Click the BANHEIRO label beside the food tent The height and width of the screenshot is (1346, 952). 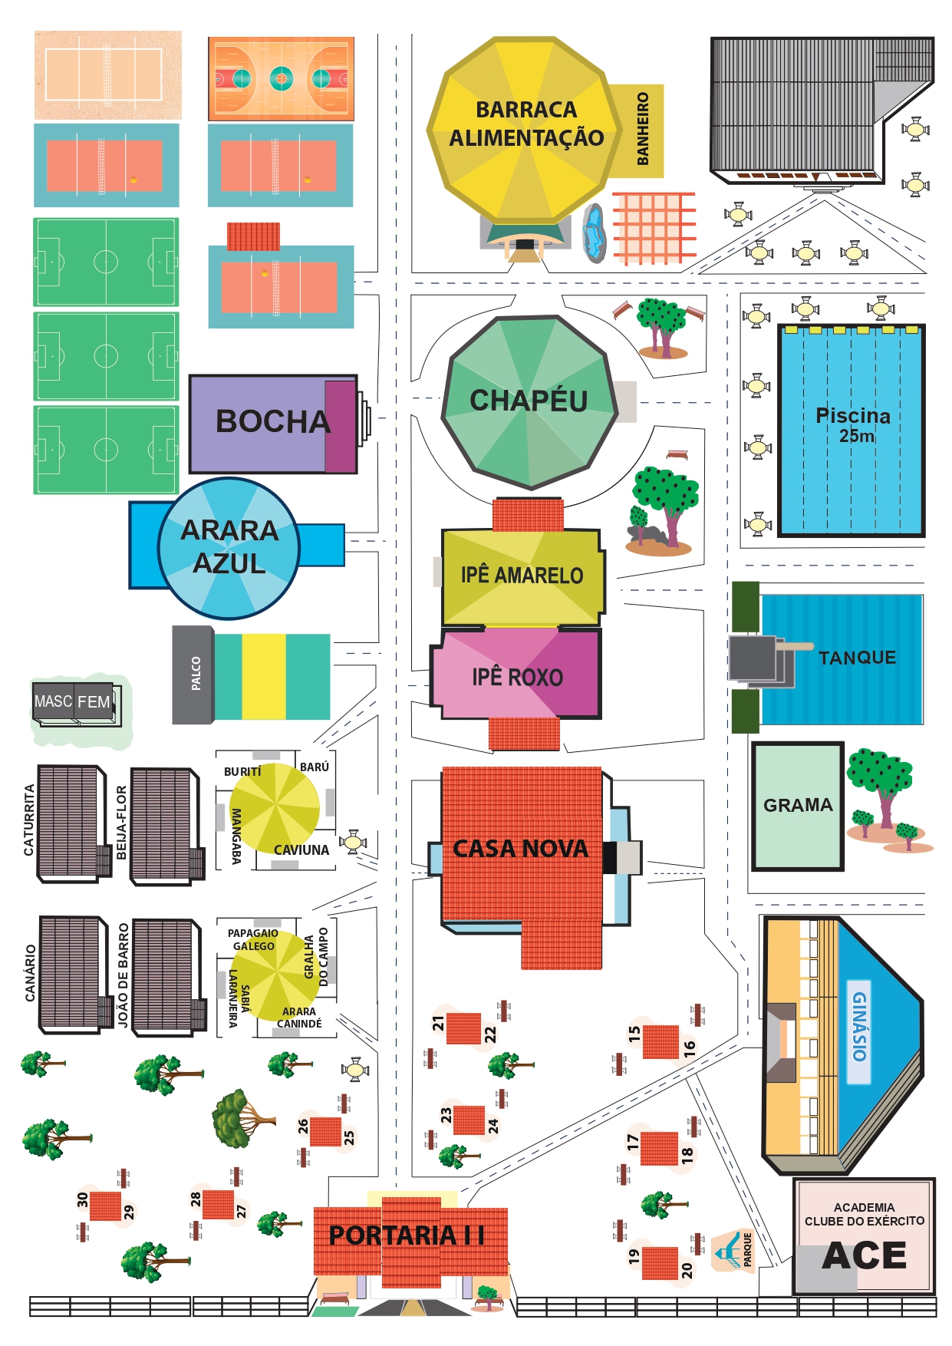[643, 129]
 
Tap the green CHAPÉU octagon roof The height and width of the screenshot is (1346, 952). [529, 401]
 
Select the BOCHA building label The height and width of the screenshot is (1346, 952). [272, 421]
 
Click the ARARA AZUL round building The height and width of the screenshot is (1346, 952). [229, 547]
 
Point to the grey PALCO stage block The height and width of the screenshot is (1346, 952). [193, 674]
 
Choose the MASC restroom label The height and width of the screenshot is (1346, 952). [53, 701]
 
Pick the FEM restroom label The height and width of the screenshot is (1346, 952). [94, 701]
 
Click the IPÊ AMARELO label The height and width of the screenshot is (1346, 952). [522, 575]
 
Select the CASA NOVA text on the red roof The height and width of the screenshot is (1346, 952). [521, 849]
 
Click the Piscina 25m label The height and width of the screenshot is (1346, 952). [853, 424]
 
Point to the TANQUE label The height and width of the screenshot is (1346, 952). [857, 658]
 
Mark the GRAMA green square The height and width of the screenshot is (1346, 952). [798, 805]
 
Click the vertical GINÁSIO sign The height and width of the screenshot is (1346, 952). [859, 1031]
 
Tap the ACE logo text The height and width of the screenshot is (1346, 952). [865, 1256]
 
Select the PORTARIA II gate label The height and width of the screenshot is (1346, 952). [407, 1235]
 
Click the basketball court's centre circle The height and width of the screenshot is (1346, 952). [282, 78]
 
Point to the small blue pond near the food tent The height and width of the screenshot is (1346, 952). [593, 233]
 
